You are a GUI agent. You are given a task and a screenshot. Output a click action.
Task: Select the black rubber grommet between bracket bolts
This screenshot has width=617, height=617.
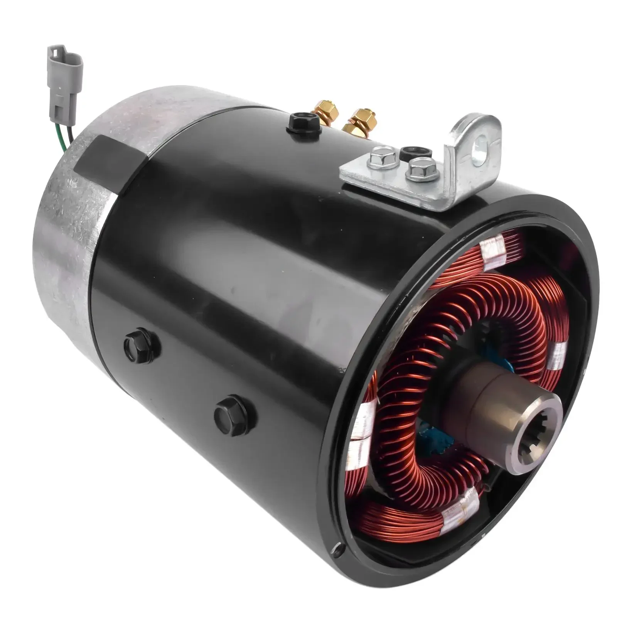click(409, 151)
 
